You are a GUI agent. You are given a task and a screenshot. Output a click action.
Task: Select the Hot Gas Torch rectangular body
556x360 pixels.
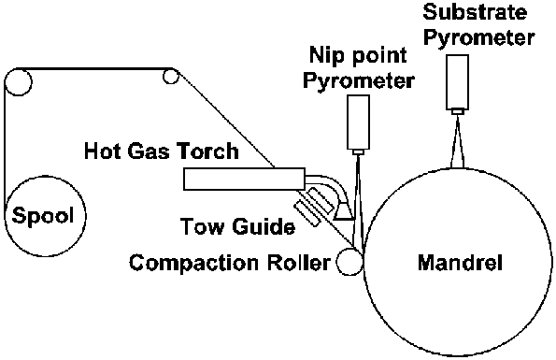point(244,178)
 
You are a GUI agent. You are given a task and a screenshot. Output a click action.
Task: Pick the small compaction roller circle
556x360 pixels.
point(349,262)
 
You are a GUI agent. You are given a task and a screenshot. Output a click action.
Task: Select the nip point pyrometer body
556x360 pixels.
point(360,122)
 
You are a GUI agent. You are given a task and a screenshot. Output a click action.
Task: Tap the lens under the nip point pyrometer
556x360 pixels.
point(360,151)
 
